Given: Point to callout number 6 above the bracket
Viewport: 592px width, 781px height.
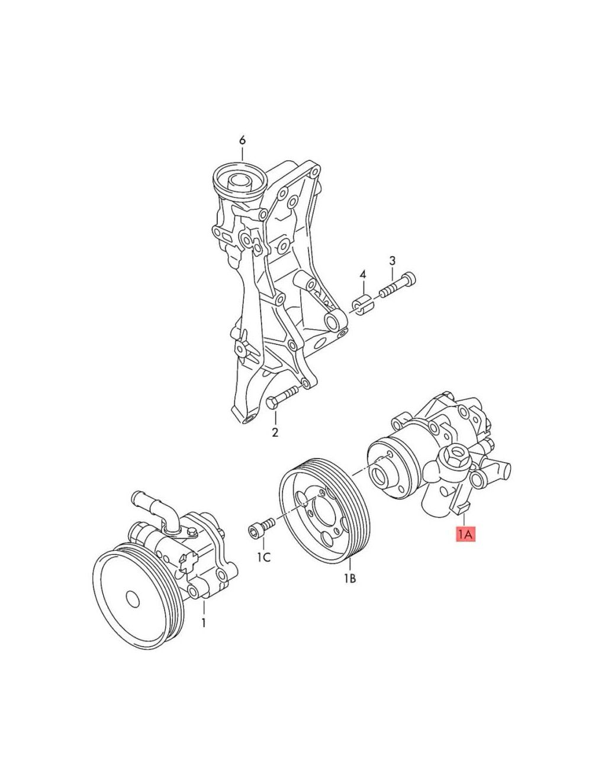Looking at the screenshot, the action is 242,141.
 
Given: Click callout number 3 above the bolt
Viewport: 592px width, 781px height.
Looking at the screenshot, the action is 392,260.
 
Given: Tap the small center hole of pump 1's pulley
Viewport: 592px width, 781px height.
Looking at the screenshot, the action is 133,600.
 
